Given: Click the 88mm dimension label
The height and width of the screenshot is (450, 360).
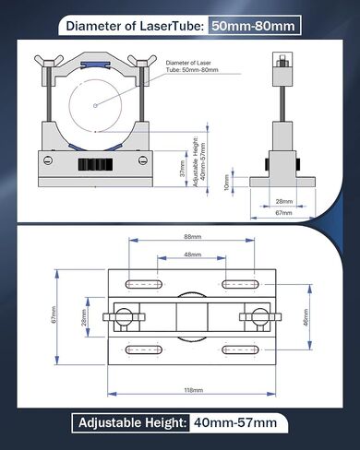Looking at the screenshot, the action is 193,237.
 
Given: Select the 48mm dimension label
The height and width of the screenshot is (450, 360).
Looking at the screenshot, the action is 193,255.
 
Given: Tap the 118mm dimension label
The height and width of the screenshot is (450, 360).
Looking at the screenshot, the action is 194,390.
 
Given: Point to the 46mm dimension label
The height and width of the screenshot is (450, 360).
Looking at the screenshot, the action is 306,318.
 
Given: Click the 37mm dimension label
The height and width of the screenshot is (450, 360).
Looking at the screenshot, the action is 183,169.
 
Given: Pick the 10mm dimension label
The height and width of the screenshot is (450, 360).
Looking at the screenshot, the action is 227,183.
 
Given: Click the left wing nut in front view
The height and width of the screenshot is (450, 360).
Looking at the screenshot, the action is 49,61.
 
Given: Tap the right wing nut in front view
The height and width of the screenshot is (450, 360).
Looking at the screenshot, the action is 142,61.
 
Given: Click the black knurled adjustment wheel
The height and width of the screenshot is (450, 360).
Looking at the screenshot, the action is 95,165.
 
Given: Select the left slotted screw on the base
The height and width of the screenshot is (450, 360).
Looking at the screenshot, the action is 48,160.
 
